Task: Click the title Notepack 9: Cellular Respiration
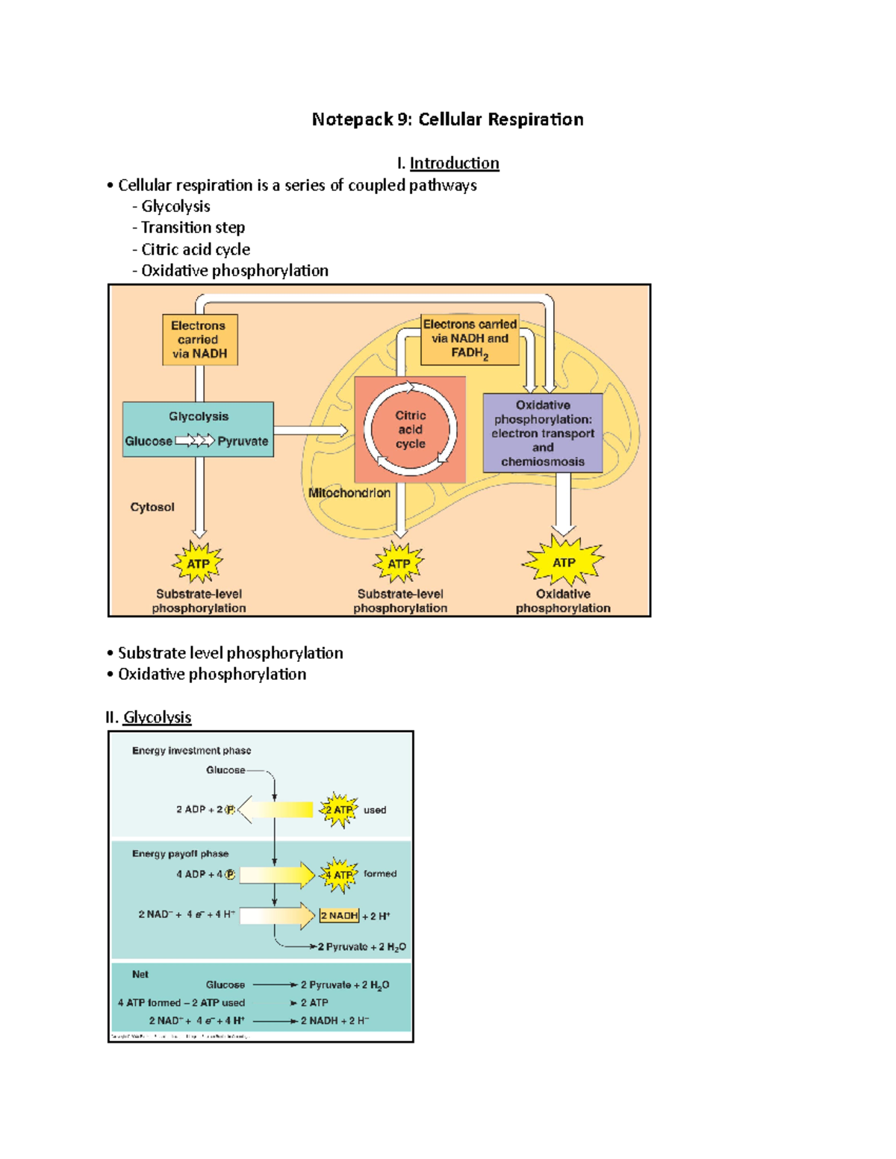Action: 447,119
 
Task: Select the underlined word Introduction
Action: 454,163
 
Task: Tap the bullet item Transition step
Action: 193,228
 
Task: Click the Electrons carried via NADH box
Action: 199,340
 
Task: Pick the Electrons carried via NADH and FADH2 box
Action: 470,340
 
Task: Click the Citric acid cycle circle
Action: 410,429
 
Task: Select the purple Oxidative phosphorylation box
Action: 543,433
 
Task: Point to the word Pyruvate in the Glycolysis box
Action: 243,441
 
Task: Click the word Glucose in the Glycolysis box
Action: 149,441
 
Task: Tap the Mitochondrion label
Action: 349,493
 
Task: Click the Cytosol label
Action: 152,507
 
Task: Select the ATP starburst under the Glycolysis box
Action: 198,563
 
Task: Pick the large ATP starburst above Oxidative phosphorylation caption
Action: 564,562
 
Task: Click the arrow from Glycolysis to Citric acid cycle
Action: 310,431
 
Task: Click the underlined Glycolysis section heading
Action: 157,717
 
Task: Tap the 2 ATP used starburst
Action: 339,810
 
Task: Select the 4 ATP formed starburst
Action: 339,875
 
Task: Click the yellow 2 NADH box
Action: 339,916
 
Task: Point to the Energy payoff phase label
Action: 180,854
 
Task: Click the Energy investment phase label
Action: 191,751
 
